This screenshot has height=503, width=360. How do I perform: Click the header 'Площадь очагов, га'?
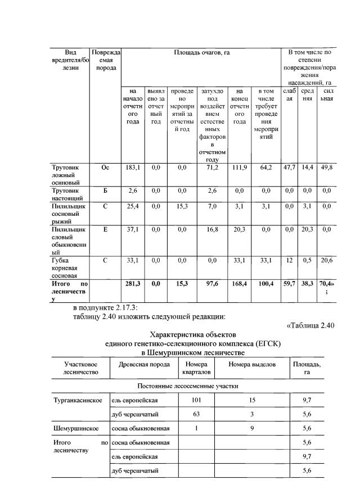coord(201,52)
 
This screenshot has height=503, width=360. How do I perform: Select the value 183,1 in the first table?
coord(133,167)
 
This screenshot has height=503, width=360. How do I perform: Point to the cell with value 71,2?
coord(211,167)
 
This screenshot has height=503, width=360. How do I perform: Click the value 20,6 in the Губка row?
coord(325,260)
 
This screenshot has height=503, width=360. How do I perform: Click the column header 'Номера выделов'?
coord(251,364)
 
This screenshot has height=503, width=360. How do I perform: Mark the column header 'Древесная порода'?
coord(144,364)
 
